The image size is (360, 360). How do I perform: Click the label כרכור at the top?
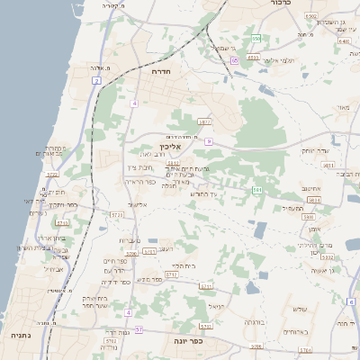click(x=279, y=4)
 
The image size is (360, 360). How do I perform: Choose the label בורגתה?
click(x=254, y=321)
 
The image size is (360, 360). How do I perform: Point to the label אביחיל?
click(x=54, y=268)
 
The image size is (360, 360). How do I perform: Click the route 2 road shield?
click(x=96, y=81)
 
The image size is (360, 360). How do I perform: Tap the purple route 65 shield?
click(x=234, y=60)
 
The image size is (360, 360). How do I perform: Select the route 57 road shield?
click(x=139, y=330)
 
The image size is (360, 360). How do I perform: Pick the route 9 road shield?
click(x=208, y=141)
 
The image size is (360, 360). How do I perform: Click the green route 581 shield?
click(x=257, y=190)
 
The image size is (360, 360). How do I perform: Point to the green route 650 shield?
click(x=256, y=39)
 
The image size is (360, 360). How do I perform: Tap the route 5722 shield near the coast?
click(x=52, y=175)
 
